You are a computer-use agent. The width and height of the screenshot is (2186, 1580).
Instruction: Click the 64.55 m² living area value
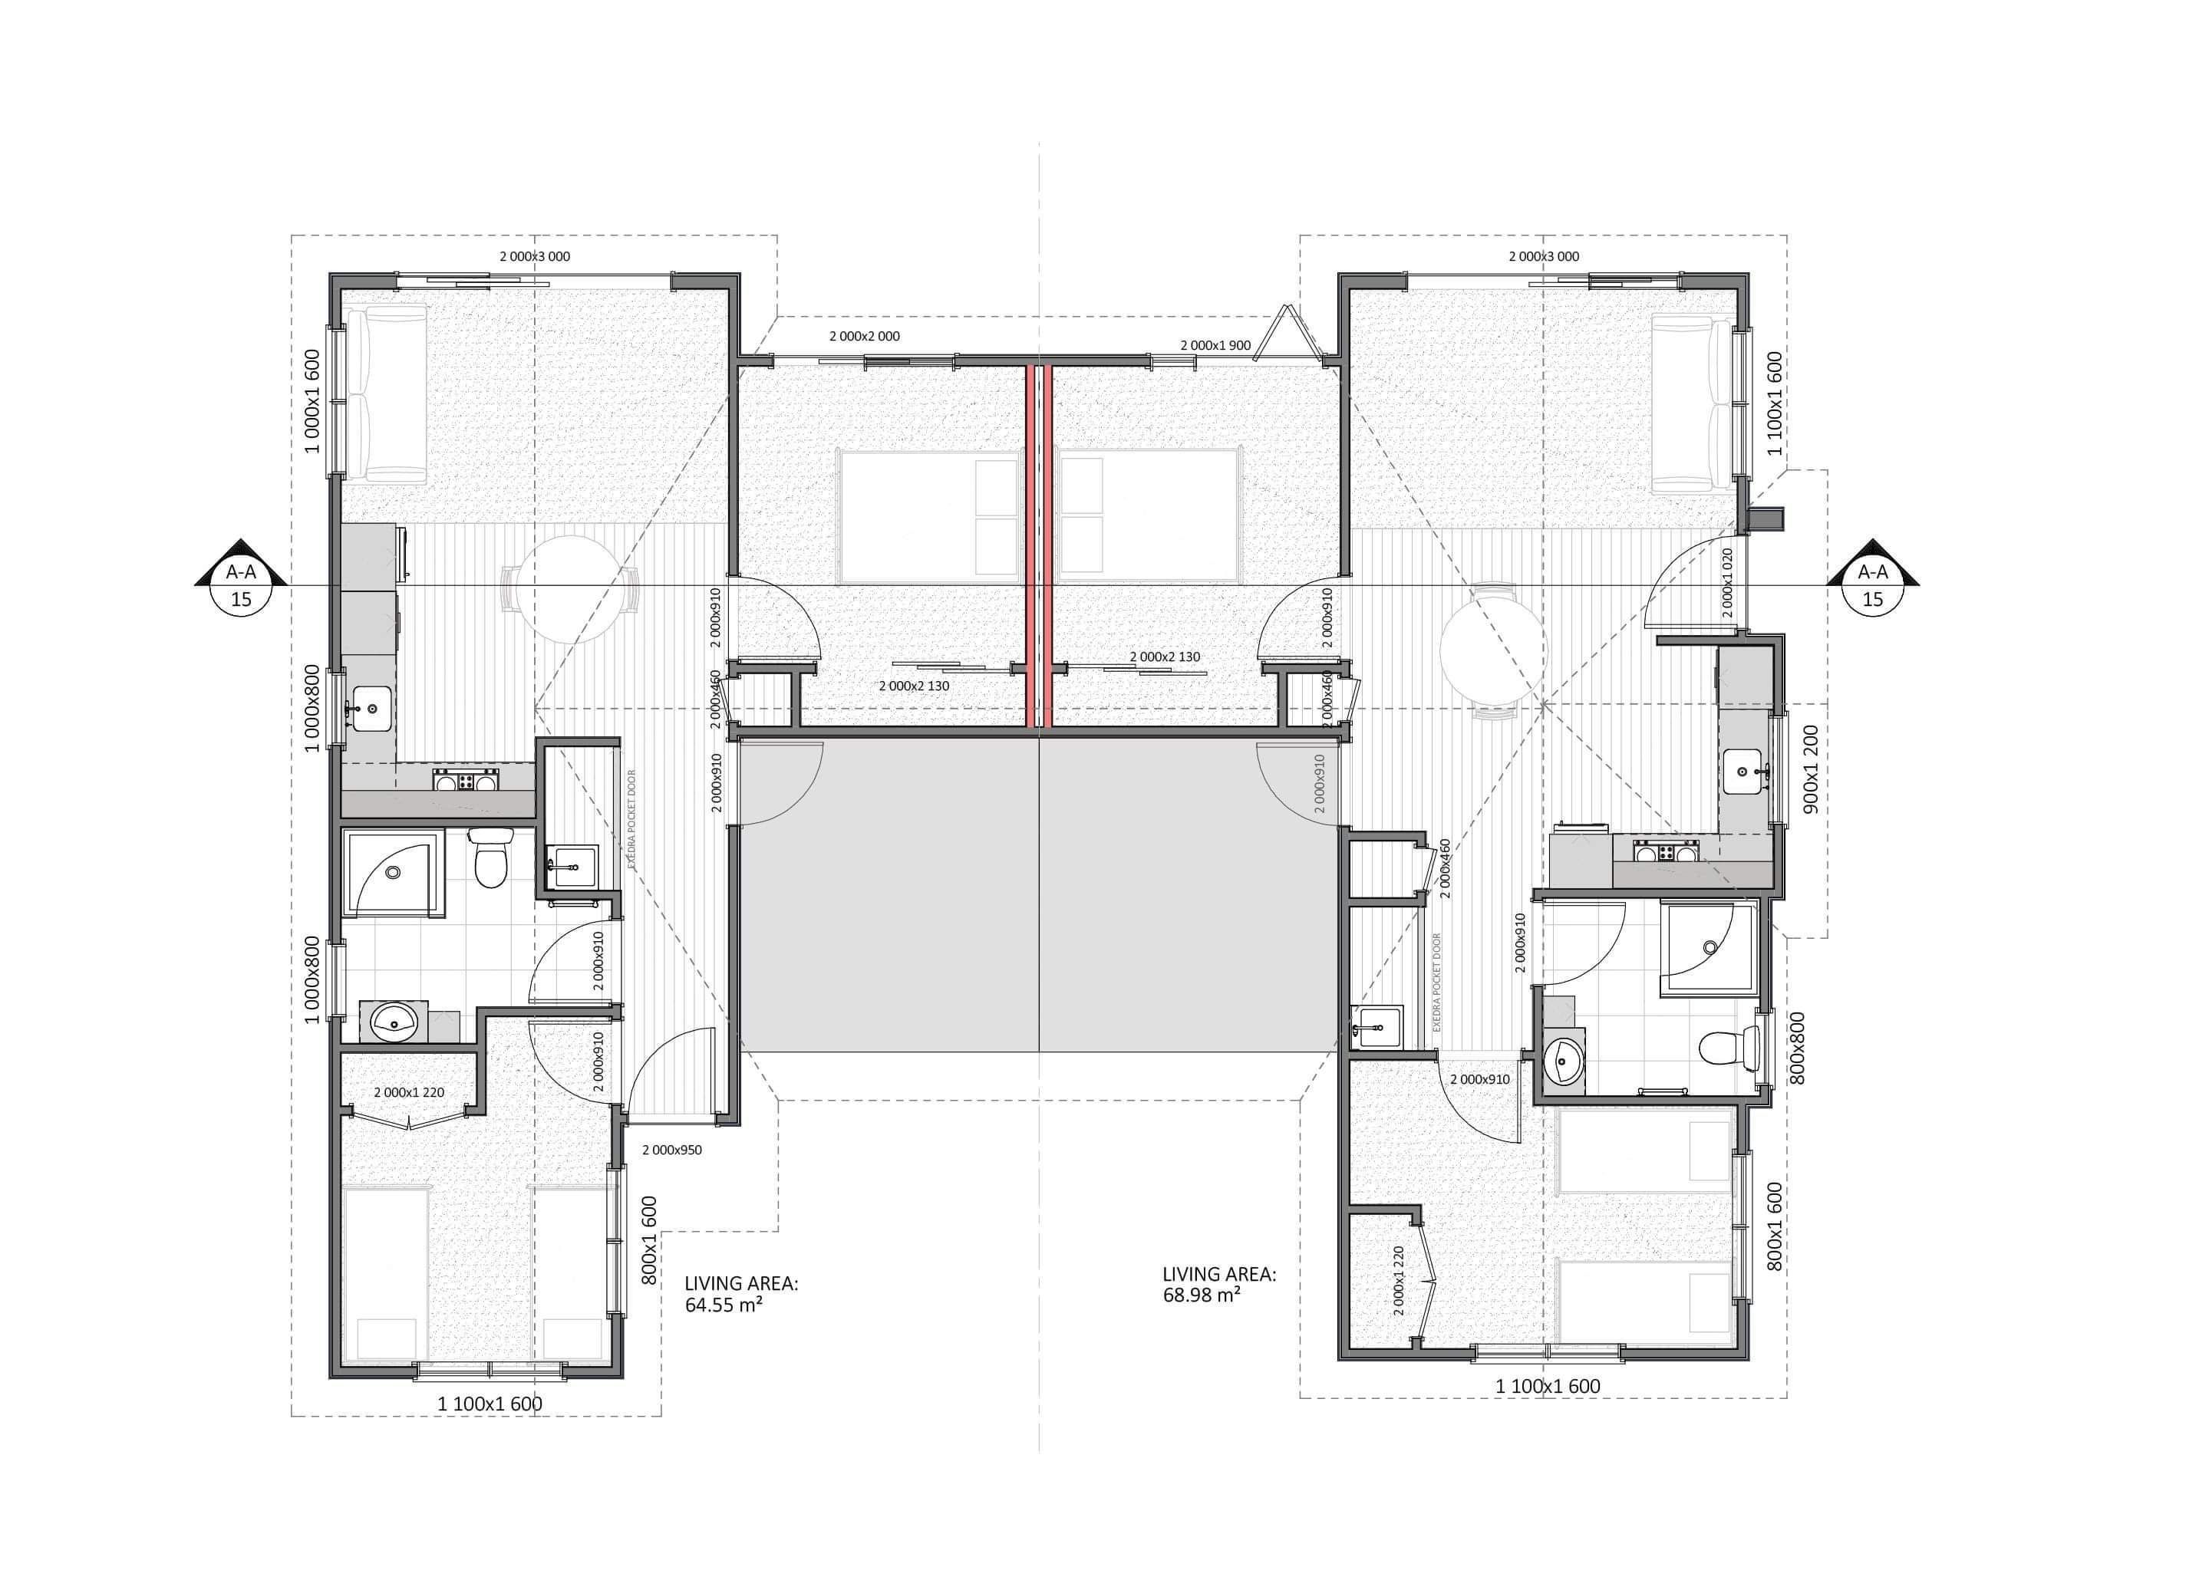point(724,1305)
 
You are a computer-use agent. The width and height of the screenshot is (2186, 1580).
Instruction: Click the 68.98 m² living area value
point(1201,1295)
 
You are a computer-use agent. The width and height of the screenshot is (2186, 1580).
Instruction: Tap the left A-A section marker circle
point(241,599)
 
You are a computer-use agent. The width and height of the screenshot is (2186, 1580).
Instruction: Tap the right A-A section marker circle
point(1871,599)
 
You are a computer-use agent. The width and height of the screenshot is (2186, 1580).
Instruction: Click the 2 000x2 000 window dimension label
point(865,336)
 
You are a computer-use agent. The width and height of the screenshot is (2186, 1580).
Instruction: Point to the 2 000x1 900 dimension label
point(1215,345)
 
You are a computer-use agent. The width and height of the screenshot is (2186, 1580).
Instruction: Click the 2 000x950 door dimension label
point(673,1150)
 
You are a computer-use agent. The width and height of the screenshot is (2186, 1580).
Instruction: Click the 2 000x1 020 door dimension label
point(1727,583)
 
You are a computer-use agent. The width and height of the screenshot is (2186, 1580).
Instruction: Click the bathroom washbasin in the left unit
point(394,1022)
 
